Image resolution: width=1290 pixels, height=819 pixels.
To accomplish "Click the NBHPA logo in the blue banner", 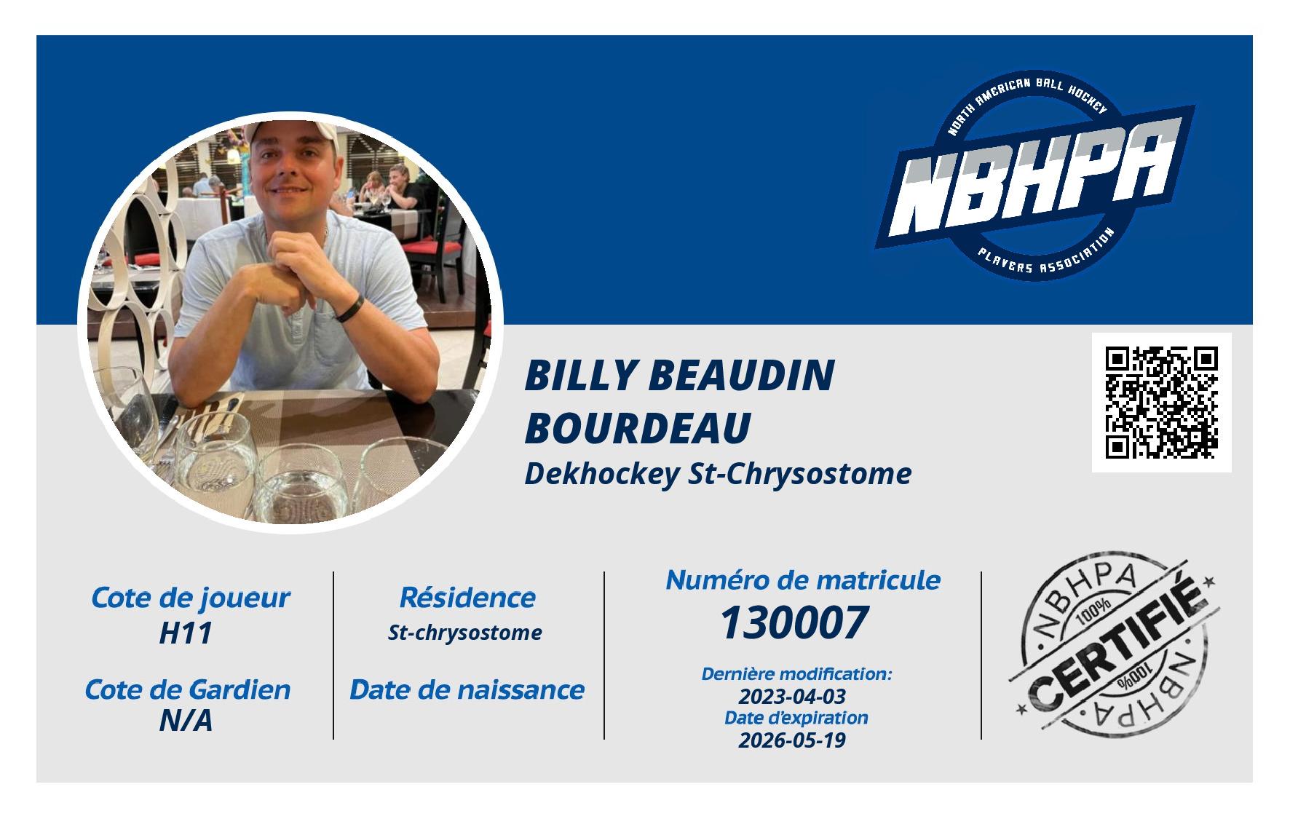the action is pos(1035,178).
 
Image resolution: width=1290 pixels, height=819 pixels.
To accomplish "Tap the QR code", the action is pos(1162,403).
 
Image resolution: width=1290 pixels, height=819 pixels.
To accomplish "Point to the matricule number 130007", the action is pos(794,623).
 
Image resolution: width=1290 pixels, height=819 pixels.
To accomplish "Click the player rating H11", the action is pos(186,633).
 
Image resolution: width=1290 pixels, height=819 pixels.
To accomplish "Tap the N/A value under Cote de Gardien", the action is pos(186,721).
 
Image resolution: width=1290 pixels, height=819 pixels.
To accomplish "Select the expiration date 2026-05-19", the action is pos(792,740).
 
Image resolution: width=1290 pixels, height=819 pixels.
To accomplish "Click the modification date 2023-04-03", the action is pos(792,695).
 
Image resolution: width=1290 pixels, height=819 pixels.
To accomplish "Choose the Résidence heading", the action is pos(467,598).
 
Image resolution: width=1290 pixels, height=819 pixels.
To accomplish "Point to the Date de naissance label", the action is pos(467,689).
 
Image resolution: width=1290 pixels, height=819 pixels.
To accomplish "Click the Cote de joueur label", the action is pos(190,598).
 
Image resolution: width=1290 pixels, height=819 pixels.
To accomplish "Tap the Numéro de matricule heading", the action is pos(803,580).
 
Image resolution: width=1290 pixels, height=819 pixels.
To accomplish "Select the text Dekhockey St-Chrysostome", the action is pos(718,474).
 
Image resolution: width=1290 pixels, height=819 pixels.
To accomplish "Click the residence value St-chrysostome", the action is pos(464,633).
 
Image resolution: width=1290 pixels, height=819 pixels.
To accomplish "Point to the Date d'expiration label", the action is pos(796,718).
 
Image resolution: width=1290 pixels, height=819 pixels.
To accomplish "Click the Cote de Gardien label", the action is pos(188,689).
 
